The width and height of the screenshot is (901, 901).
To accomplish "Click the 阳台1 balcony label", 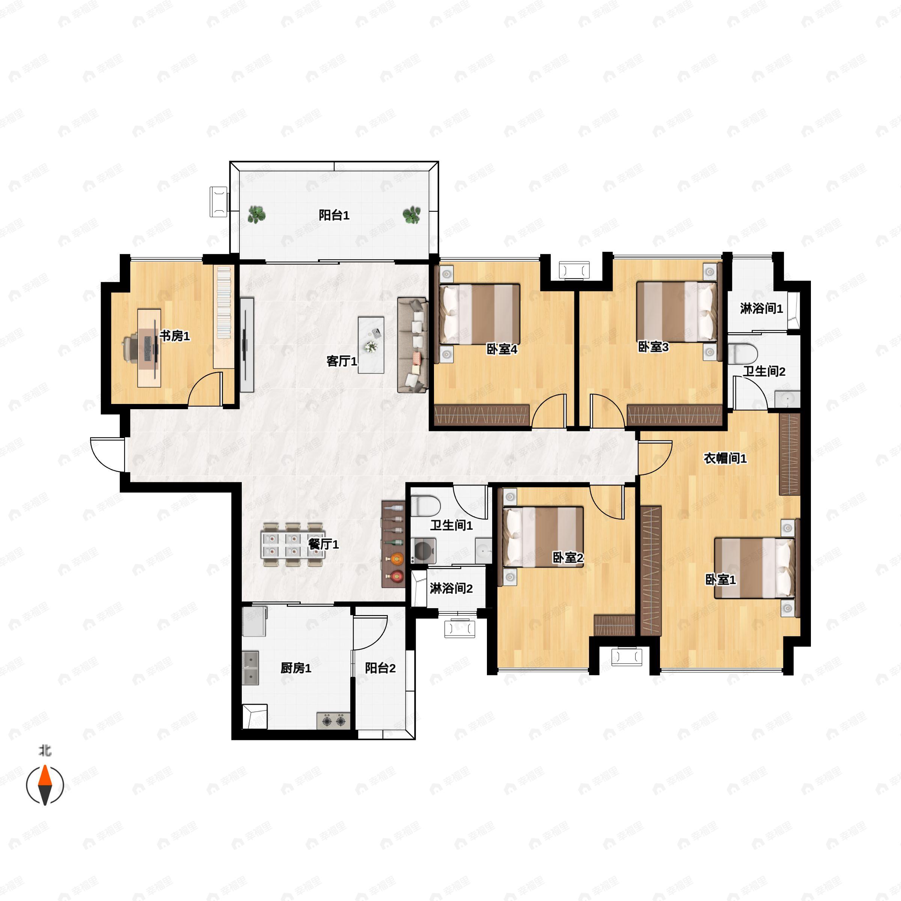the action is click(x=334, y=215).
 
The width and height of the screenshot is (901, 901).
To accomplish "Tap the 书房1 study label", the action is click(x=175, y=336).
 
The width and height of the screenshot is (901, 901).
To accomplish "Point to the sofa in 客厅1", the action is click(x=413, y=345).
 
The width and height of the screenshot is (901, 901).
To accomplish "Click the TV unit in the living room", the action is click(x=247, y=345).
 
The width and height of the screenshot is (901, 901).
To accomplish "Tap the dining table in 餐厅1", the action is click(x=294, y=544).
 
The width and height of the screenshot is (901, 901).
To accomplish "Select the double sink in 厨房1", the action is click(x=250, y=668).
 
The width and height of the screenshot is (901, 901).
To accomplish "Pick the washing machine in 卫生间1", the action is click(x=423, y=551).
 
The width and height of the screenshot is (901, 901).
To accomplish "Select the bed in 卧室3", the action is click(x=677, y=311).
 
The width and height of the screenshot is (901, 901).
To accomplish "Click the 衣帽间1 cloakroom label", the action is click(x=725, y=458).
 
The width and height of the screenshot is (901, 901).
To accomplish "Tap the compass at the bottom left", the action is click(x=45, y=785).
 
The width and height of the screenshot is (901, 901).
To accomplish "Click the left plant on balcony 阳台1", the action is click(x=256, y=214).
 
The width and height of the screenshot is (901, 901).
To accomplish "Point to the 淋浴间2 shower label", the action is click(x=451, y=589).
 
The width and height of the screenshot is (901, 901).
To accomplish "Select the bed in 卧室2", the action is click(x=543, y=536).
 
